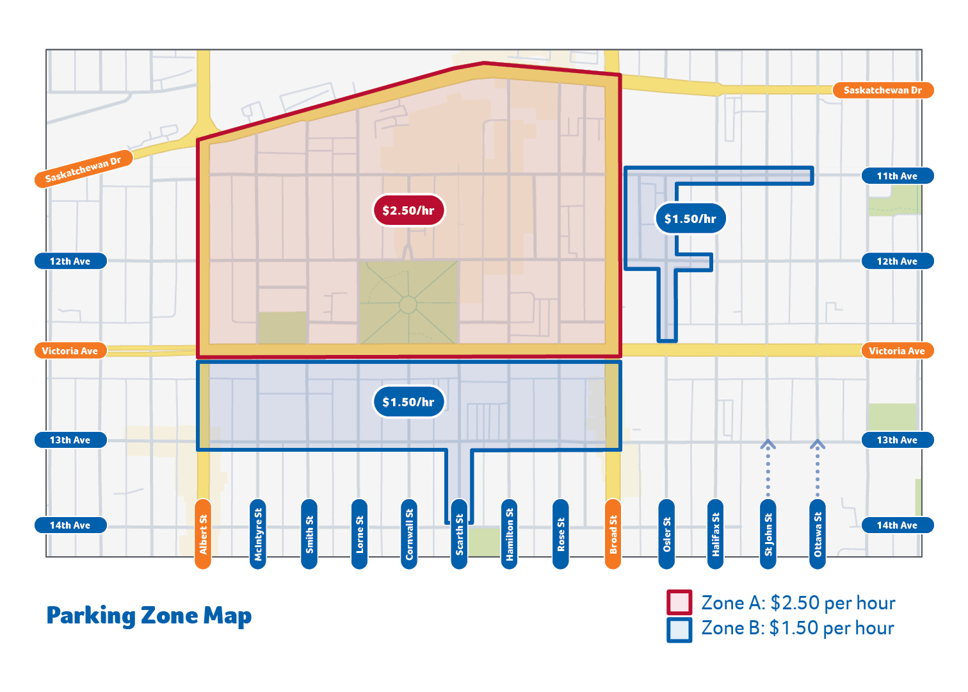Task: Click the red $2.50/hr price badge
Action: tap(408, 210)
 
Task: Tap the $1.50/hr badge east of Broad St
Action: tap(690, 218)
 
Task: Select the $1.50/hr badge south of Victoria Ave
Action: tap(408, 402)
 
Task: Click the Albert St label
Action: tap(203, 534)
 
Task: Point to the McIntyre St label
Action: tap(258, 534)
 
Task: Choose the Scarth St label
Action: tap(459, 534)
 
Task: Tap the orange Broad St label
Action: tap(613, 534)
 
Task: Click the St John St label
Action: tap(768, 534)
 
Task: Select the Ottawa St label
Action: tap(818, 534)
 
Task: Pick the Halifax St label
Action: tap(716, 534)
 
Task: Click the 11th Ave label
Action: tap(897, 176)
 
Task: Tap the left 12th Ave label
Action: tap(70, 261)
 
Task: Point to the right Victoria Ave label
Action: tap(897, 350)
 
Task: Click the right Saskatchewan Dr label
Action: tap(883, 90)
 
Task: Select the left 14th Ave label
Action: tap(70, 525)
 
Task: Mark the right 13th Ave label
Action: tap(897, 440)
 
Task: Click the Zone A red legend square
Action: tap(679, 603)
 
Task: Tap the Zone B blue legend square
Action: tap(679, 629)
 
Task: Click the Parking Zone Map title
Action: tap(149, 616)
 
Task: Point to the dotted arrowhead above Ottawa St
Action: tap(818, 444)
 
